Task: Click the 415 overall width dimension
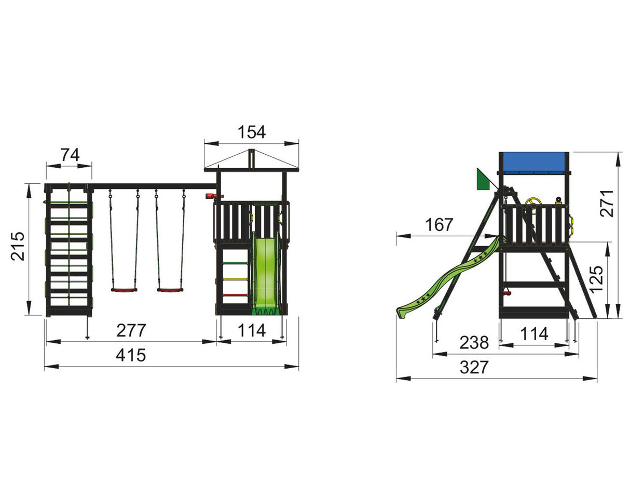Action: coord(131,356)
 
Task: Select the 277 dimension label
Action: coord(131,330)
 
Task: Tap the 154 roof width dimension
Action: coord(251,132)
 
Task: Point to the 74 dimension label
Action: coord(70,155)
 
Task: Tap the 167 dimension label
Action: coord(439,225)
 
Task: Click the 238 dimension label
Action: coord(474,343)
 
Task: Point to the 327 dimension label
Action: coord(474,368)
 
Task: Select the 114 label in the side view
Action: coord(534,333)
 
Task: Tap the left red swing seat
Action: coord(124,290)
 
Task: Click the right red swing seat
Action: coord(170,290)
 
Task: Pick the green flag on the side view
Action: coord(483,179)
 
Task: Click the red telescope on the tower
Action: coord(211,196)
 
